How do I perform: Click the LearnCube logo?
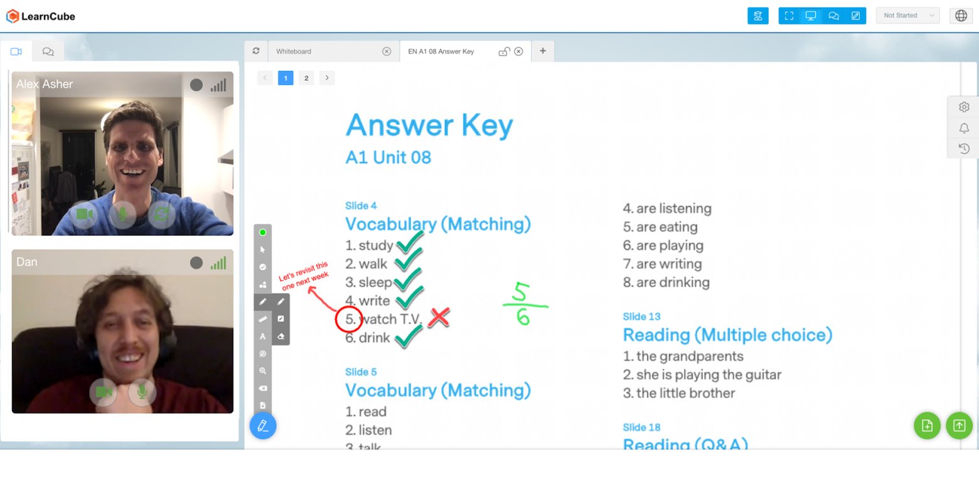pyautogui.click(x=40, y=16)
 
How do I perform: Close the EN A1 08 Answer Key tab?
pyautogui.click(x=518, y=51)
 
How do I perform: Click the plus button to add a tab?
pyautogui.click(x=543, y=51)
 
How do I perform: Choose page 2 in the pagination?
pyautogui.click(x=306, y=78)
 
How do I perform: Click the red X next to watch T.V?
pyautogui.click(x=439, y=318)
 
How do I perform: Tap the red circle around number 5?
pyautogui.click(x=349, y=319)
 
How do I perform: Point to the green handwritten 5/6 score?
pyautogui.click(x=523, y=304)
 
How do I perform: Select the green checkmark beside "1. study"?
pyautogui.click(x=410, y=243)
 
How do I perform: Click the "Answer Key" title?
pyautogui.click(x=429, y=125)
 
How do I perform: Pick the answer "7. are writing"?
pyautogui.click(x=662, y=264)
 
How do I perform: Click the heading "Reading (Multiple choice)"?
pyautogui.click(x=727, y=335)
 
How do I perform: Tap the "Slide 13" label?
pyautogui.click(x=641, y=316)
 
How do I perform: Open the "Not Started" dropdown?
pyautogui.click(x=907, y=16)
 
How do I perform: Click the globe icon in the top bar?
pyautogui.click(x=961, y=16)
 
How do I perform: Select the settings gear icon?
pyautogui.click(x=964, y=107)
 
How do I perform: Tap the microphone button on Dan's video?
pyautogui.click(x=142, y=392)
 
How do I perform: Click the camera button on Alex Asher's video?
pyautogui.click(x=84, y=214)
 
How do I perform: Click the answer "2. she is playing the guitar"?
pyautogui.click(x=702, y=375)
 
